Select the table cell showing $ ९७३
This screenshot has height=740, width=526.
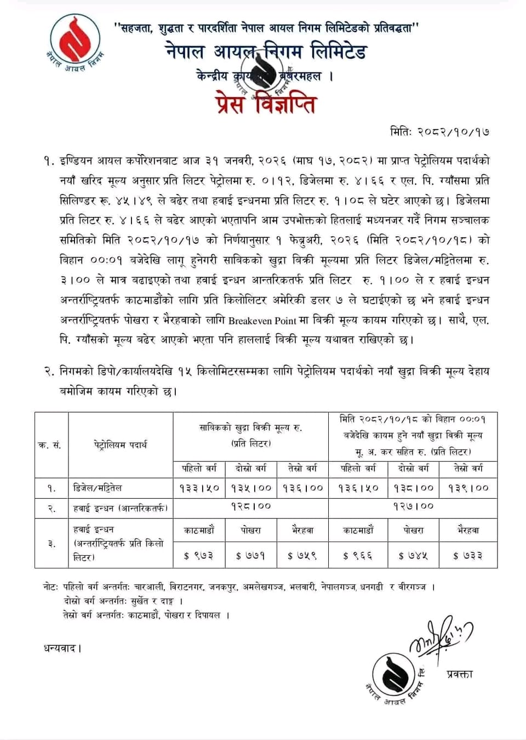(x=198, y=556)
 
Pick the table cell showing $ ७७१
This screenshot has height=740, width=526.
(x=250, y=556)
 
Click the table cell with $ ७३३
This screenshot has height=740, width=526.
(x=467, y=556)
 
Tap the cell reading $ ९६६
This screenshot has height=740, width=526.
(x=358, y=556)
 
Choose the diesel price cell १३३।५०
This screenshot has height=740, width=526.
(x=199, y=488)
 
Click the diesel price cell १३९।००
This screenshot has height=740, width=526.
(x=468, y=488)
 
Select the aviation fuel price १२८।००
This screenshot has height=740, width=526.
(x=250, y=506)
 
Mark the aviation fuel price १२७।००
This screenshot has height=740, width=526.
(x=413, y=506)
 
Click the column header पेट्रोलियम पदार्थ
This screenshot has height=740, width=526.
(x=120, y=445)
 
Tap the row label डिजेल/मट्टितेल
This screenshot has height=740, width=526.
(x=98, y=488)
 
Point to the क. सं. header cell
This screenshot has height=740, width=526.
(x=50, y=445)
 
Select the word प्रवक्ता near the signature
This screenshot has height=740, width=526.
(x=459, y=674)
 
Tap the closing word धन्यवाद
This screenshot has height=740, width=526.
(x=62, y=648)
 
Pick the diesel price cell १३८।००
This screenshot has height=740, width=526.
(x=413, y=488)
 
